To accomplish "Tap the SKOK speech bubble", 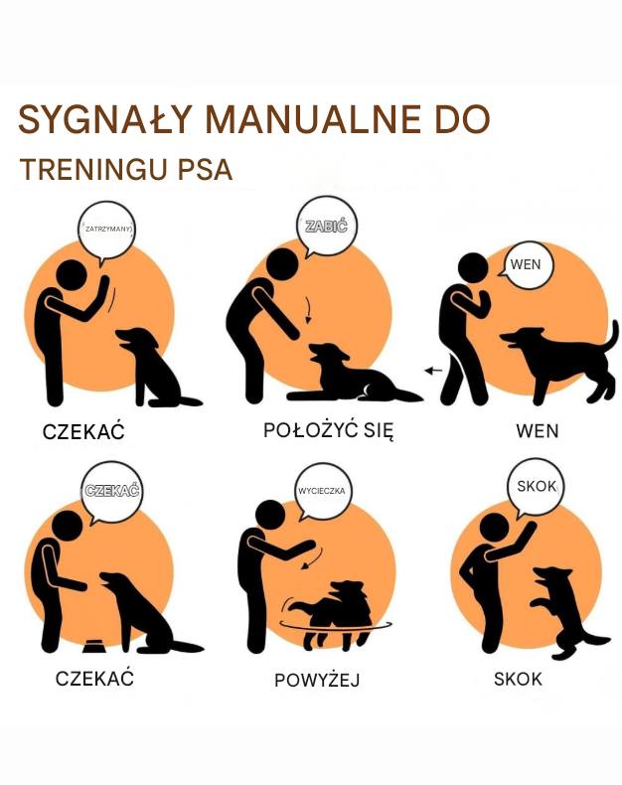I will (538, 487).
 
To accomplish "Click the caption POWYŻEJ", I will (317, 681).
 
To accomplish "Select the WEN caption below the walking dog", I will (538, 431).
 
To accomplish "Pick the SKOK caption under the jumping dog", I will (518, 680).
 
